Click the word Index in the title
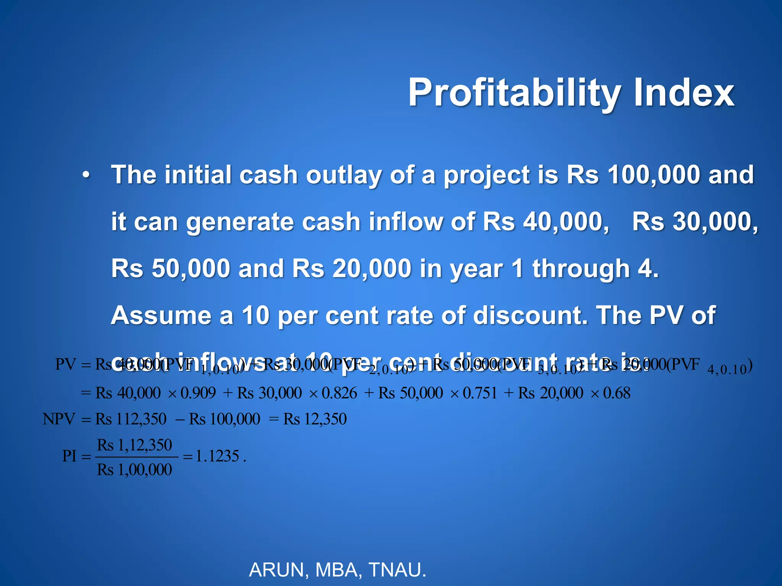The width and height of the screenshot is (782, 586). [684, 93]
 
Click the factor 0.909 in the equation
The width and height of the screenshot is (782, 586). [198, 393]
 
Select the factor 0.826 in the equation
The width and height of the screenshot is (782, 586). [339, 393]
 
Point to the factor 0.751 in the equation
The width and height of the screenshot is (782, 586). [480, 393]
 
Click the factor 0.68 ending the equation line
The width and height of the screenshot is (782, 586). [617, 393]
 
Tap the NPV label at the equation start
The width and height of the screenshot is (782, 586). [59, 419]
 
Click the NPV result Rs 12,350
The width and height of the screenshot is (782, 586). [315, 419]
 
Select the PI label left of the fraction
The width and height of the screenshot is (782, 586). [69, 456]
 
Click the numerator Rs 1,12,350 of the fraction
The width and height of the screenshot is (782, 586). [135, 445]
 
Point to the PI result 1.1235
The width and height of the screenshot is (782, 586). [218, 456]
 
